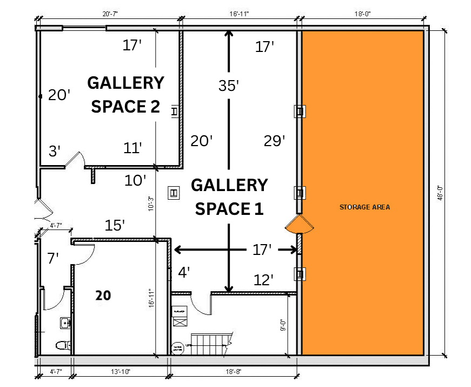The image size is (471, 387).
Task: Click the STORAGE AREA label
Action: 364,207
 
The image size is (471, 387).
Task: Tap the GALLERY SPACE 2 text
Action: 125,95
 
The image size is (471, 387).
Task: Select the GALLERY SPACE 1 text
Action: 229,196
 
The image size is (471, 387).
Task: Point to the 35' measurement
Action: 229,86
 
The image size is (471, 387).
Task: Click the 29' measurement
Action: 274,141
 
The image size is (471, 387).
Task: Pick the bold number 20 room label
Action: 103,295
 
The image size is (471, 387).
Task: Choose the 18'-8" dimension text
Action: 233,372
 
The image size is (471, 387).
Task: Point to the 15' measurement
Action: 116,224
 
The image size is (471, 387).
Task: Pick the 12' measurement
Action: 264,280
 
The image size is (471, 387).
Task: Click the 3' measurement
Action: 54,151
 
